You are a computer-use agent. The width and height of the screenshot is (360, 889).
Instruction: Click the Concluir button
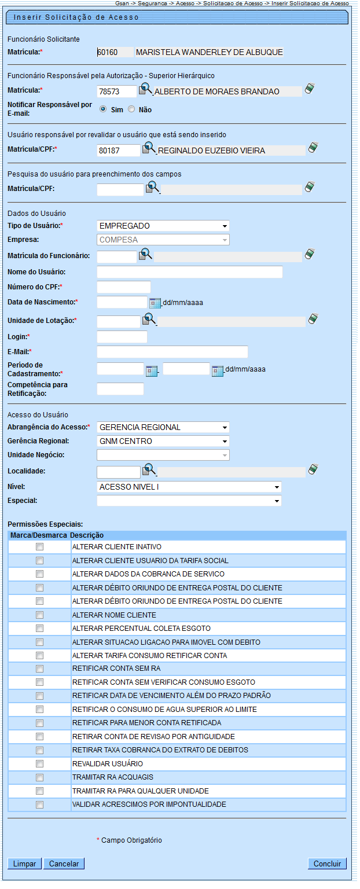click(327, 864)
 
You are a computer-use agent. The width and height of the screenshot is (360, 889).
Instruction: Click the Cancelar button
click(64, 864)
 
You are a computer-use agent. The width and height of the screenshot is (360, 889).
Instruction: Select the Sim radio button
click(103, 109)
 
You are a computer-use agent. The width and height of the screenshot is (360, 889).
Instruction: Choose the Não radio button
click(131, 109)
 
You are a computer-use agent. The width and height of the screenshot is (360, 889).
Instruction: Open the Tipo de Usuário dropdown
click(163, 226)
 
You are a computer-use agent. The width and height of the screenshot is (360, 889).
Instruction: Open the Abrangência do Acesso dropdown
click(163, 427)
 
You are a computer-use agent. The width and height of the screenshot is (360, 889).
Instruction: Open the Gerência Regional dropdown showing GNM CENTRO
click(163, 441)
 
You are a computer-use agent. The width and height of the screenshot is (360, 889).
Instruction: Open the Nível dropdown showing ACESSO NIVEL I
click(189, 487)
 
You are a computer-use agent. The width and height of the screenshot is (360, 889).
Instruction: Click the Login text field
click(122, 337)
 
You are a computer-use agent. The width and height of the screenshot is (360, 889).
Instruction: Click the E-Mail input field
click(172, 352)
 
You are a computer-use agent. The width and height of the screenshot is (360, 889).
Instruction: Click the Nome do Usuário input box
click(190, 272)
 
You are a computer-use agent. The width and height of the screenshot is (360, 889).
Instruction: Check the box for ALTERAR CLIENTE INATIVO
click(40, 546)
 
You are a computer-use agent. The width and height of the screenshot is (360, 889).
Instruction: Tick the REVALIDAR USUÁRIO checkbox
click(40, 763)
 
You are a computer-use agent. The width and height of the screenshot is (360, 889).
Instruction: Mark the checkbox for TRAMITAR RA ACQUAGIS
click(40, 777)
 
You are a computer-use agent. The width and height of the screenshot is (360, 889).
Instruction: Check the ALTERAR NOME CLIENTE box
click(40, 615)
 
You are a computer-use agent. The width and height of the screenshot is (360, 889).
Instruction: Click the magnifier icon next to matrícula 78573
click(146, 90)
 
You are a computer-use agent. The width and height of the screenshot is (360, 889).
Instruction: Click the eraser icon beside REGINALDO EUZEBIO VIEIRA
click(313, 147)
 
